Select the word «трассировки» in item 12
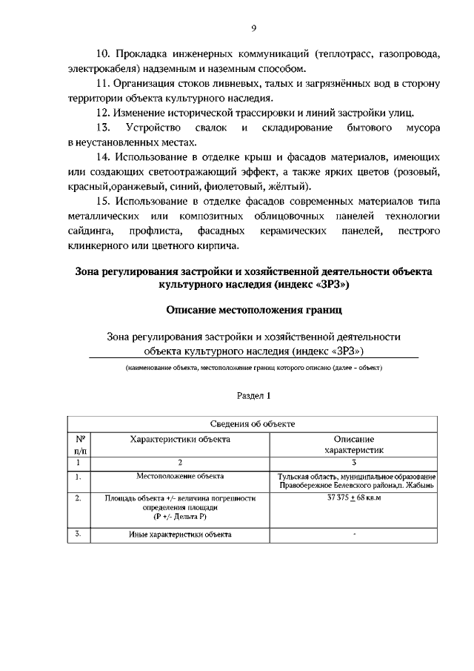(x=277, y=113)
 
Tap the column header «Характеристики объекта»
(x=180, y=439)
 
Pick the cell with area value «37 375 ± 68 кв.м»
(x=353, y=498)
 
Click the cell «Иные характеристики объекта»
(x=180, y=534)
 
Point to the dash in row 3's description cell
(x=353, y=533)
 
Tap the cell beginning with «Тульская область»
(x=353, y=480)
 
